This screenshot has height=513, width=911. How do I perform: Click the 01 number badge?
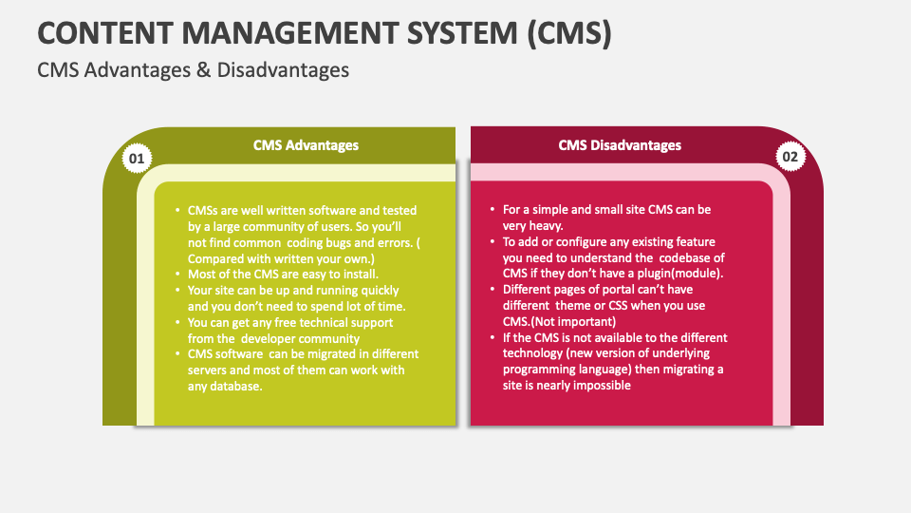[x=137, y=158]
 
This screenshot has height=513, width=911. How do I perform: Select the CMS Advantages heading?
[x=306, y=145]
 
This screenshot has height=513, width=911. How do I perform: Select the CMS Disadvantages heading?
[x=619, y=145]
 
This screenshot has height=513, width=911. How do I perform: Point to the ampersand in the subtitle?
[x=203, y=69]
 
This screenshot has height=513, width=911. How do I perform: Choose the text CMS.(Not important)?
[x=559, y=321]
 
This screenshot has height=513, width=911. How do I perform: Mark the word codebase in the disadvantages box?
[x=691, y=257]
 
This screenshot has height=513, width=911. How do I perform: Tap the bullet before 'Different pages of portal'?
[x=492, y=290]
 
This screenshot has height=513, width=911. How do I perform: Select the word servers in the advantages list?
[x=211, y=370]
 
